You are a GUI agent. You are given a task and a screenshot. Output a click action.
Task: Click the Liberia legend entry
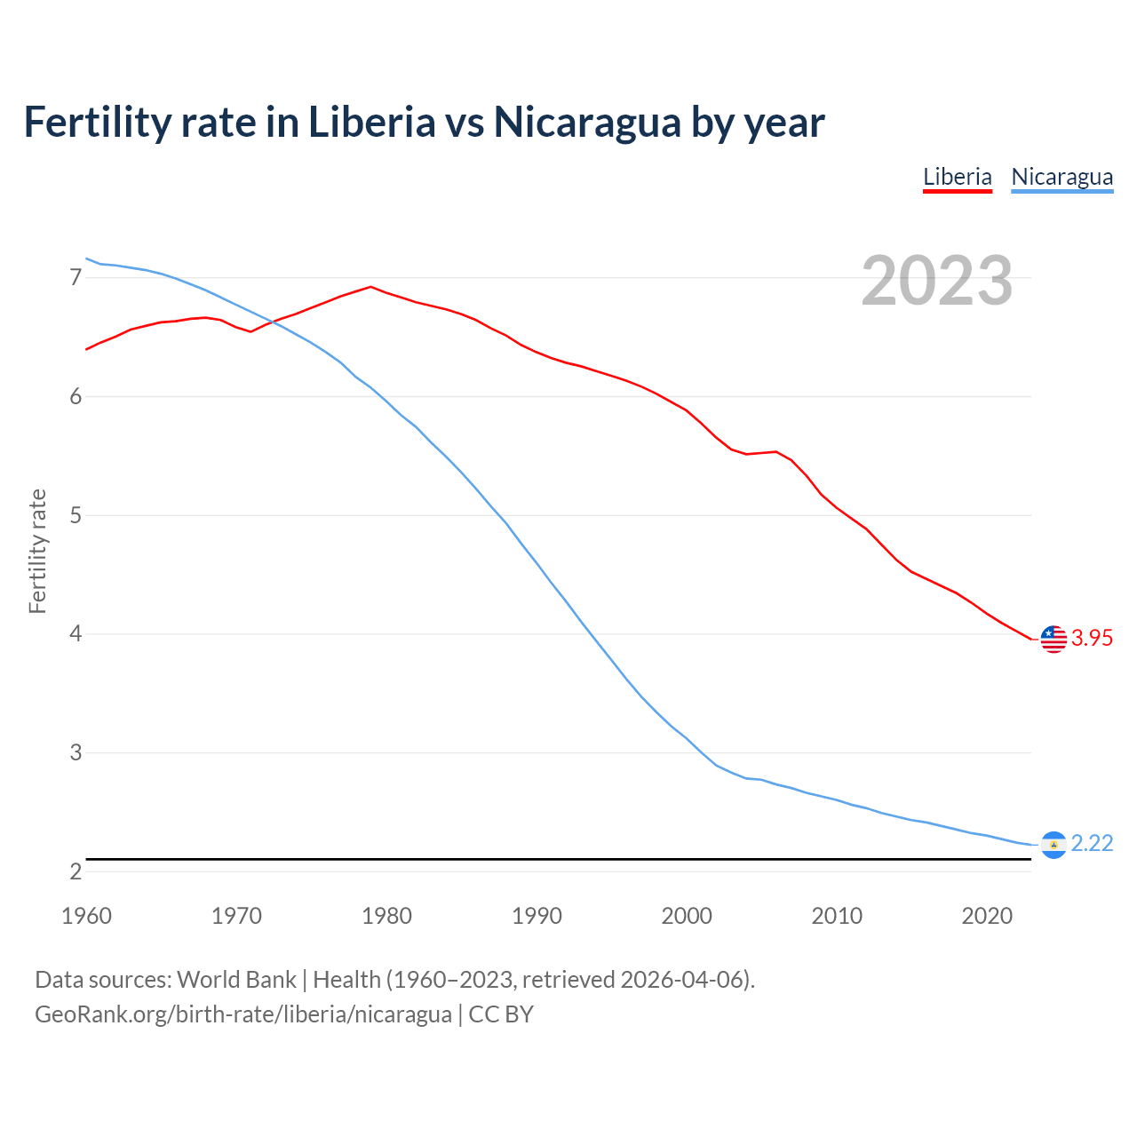[x=957, y=177]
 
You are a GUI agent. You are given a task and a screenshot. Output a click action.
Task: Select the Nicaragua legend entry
[x=1061, y=177]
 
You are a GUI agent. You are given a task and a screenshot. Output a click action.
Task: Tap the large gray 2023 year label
[x=937, y=281]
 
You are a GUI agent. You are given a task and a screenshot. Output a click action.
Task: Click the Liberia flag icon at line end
[x=1054, y=639]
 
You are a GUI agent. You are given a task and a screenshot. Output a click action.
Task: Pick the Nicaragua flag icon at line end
[x=1054, y=844]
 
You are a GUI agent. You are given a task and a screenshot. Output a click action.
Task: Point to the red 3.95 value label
[x=1092, y=639]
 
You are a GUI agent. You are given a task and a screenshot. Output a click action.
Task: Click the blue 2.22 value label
[x=1092, y=843]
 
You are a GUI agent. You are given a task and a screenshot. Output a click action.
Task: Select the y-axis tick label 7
[x=76, y=278]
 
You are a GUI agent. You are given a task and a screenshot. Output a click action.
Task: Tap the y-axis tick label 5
[x=76, y=515]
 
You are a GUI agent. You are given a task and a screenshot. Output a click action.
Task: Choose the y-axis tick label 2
[x=76, y=871]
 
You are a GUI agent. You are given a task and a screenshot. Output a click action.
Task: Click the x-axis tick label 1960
[x=86, y=916]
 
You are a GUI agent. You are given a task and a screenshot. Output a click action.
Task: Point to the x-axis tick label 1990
[x=537, y=916]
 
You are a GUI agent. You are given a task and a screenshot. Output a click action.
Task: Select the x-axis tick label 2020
[x=987, y=916]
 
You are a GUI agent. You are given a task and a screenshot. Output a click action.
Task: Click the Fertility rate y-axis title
[x=37, y=551]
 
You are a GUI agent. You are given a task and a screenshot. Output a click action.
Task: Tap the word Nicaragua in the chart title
[x=586, y=123]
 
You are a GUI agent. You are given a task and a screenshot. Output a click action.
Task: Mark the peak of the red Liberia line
[x=370, y=287]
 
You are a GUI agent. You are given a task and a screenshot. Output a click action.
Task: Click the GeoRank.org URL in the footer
[x=243, y=1014]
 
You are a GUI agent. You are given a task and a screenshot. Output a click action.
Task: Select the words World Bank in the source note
[x=236, y=980]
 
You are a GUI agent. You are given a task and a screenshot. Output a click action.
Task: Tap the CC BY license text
[x=501, y=1014]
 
